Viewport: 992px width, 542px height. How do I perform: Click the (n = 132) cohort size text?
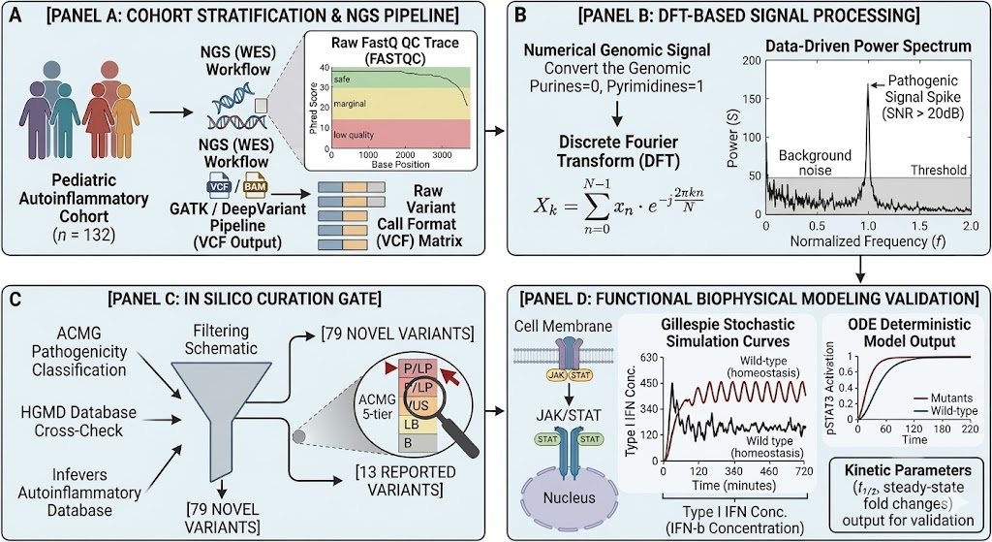pos(83,235)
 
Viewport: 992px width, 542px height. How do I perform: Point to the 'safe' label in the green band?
pos(342,80)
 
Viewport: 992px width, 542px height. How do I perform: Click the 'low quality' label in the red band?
pos(354,135)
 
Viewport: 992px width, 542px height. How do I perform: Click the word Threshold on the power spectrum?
pos(938,170)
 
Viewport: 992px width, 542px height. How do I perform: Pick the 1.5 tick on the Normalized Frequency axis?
pos(920,226)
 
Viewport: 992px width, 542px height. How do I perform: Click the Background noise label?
pos(815,163)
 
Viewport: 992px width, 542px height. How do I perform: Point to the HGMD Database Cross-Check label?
pos(78,421)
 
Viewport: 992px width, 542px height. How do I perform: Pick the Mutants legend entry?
pos(943,398)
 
